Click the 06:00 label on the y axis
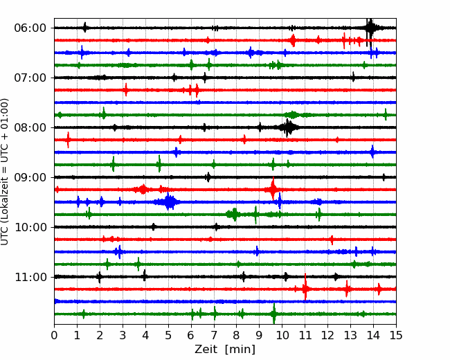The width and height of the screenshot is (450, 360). pos(30,28)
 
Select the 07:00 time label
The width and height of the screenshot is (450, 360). pos(30,78)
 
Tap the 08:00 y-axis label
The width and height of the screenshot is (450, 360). pos(30,127)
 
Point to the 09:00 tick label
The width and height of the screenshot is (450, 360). pos(30,177)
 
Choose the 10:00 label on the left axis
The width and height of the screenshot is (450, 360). pos(30,227)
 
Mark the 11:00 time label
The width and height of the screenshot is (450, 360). pos(30,278)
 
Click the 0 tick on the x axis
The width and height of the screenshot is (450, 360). pos(54,335)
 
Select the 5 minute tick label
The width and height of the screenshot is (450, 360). pos(168,335)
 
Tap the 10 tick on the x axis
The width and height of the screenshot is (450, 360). pos(282,335)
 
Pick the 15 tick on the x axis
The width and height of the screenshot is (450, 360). pos(396,335)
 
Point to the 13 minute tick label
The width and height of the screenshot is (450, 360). pos(350,335)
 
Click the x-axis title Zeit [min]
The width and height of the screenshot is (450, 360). pos(225,350)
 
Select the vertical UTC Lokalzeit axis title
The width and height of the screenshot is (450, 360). pos(4,172)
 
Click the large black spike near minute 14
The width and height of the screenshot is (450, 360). pos(370,28)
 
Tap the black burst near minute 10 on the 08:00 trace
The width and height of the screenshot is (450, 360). pos(288,127)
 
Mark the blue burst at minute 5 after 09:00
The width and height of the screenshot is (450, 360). pos(170,202)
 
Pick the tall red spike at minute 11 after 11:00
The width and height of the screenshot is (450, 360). pos(305,288)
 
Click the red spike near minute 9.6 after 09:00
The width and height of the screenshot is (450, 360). pos(273,189)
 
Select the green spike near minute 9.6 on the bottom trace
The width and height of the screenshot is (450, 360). pos(274,314)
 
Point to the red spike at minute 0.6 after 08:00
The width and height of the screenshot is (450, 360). pos(68,140)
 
